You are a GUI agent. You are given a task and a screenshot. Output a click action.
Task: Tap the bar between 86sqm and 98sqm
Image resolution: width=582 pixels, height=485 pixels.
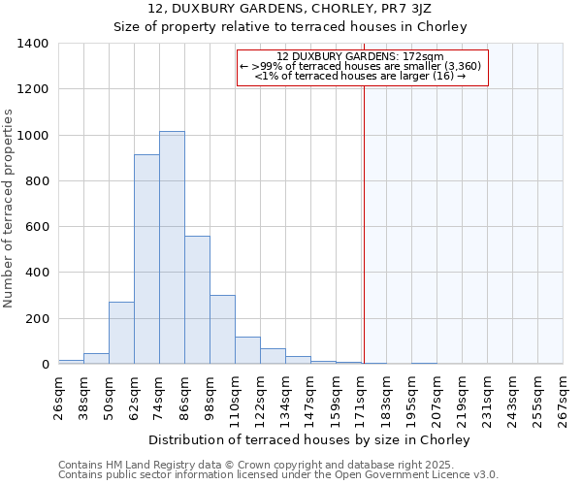click(x=197, y=300)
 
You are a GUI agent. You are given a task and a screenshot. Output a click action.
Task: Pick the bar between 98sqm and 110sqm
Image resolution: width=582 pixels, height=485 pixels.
click(x=222, y=330)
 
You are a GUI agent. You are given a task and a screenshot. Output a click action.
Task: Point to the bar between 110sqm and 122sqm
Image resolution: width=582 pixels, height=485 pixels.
click(x=247, y=350)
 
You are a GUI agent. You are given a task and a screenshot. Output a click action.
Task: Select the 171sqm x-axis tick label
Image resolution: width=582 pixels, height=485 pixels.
click(x=361, y=398)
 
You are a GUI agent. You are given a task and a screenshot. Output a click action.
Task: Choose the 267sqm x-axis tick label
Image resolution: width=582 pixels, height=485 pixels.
click(x=563, y=398)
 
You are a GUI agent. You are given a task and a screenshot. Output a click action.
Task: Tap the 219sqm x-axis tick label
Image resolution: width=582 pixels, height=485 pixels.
click(x=462, y=398)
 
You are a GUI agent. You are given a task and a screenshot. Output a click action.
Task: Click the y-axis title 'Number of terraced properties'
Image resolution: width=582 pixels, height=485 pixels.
click(x=10, y=209)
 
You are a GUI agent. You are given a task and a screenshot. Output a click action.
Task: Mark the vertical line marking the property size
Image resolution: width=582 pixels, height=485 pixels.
click(x=364, y=213)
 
